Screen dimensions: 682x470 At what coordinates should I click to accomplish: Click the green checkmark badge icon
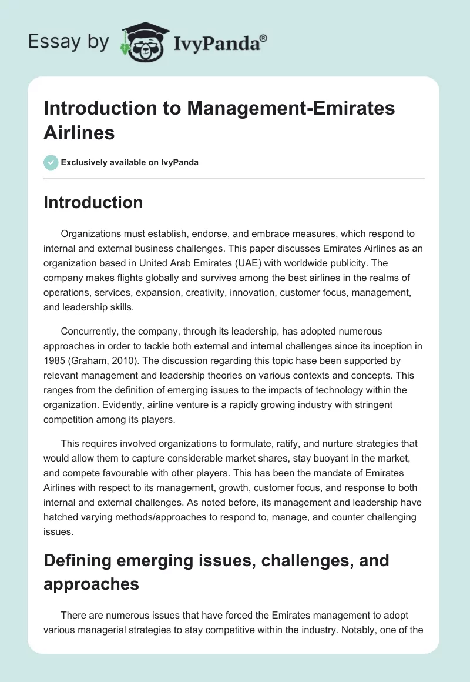tap(51, 162)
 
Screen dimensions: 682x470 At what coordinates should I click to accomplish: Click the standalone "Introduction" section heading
tap(93, 202)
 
